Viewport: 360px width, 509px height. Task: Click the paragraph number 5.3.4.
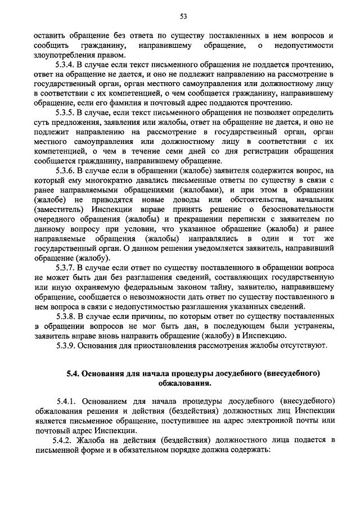67,65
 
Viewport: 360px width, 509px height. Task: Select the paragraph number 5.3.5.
67,112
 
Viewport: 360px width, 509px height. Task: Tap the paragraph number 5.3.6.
67,170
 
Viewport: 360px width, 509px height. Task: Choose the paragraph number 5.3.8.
67,316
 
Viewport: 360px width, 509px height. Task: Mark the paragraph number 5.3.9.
67,345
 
